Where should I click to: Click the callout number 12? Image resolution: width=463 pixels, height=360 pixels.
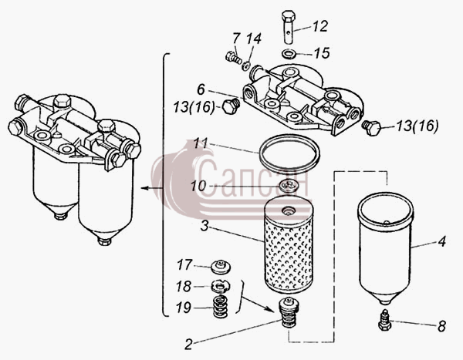pyautogui.click(x=319, y=26)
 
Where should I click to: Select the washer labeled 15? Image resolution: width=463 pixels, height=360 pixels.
pyautogui.click(x=288, y=54)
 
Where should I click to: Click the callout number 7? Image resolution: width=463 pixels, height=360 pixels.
pyautogui.click(x=236, y=39)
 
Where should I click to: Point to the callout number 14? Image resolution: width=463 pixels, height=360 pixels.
pyautogui.click(x=254, y=39)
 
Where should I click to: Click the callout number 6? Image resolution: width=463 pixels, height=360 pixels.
pyautogui.click(x=201, y=89)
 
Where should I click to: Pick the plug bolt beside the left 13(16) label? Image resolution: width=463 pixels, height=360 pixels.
pyautogui.click(x=231, y=106)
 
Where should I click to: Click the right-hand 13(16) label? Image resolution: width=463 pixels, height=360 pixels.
pyautogui.click(x=417, y=126)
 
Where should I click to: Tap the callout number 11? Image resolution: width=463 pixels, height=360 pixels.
pyautogui.click(x=201, y=143)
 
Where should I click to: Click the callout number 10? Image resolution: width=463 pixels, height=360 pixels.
pyautogui.click(x=198, y=187)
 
